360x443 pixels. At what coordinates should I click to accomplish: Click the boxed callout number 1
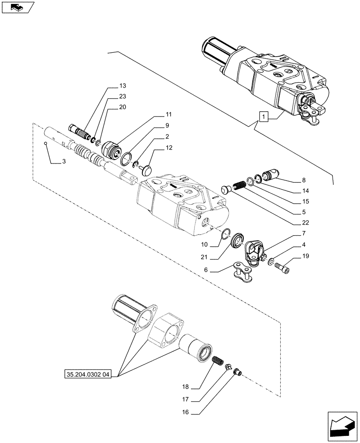coord(264,117)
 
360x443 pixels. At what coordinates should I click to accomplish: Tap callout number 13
coord(122,85)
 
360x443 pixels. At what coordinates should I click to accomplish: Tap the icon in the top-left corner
coord(18,8)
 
